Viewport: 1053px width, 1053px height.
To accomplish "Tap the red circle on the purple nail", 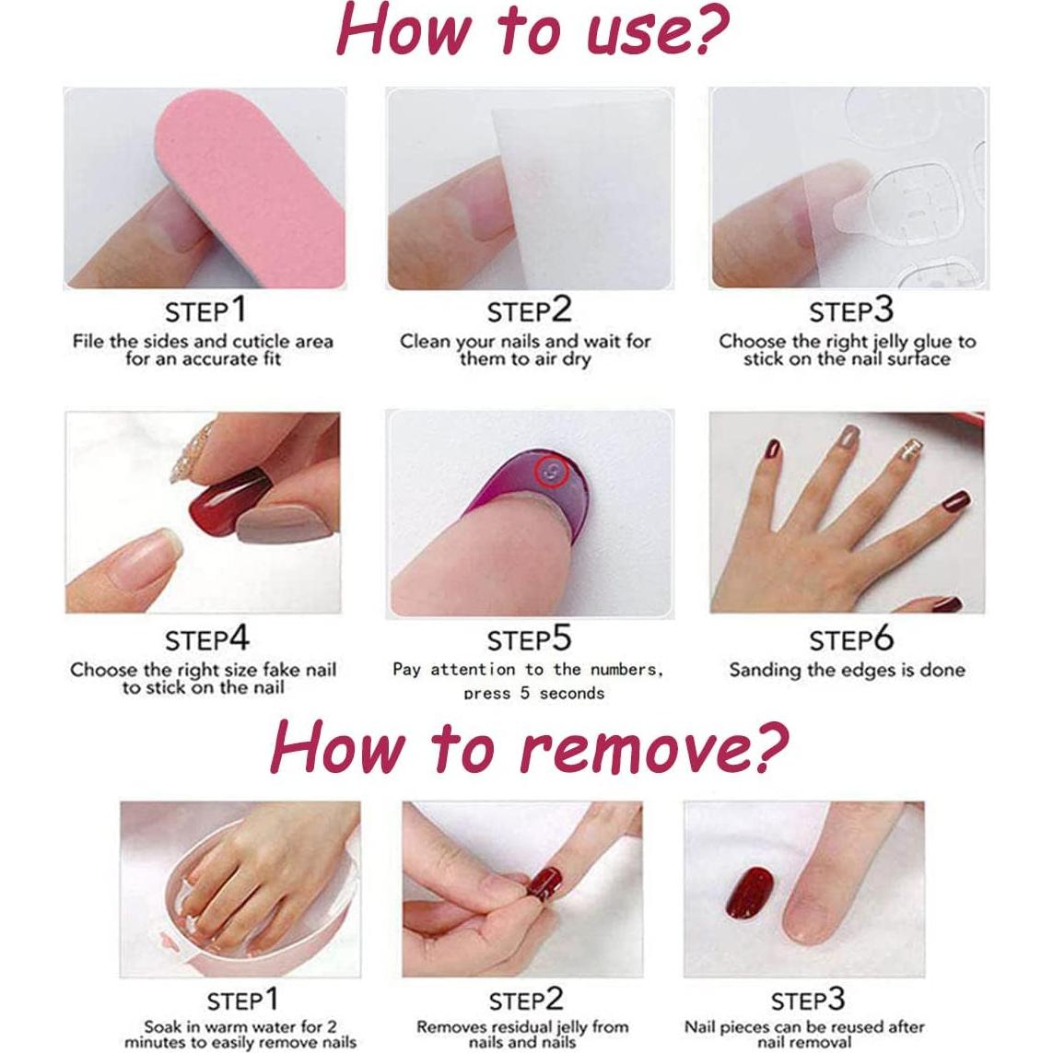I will coord(552,474).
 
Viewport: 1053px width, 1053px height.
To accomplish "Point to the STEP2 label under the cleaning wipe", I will coord(529,310).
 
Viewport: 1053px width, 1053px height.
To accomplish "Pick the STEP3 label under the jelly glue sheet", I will coord(850,310).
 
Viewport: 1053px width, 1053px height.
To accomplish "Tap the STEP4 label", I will coord(206,639).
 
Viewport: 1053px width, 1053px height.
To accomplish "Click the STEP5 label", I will coord(529,639).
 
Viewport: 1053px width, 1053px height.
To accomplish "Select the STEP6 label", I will coord(850,639).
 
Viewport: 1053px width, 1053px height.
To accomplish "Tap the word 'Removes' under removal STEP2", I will coord(450,1026).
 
